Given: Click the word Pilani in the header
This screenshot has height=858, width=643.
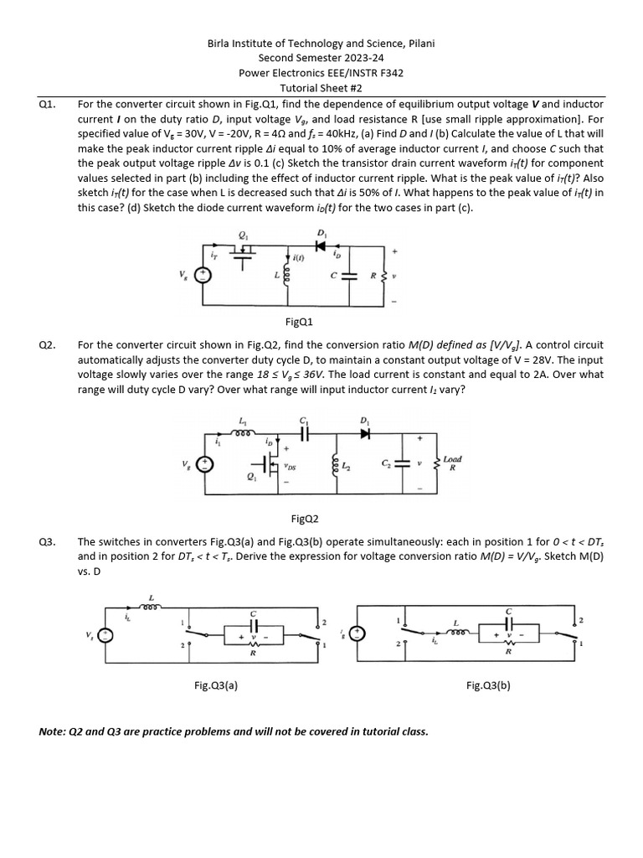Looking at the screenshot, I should pos(419,43).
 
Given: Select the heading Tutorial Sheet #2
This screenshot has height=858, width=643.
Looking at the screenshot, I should pos(321,88).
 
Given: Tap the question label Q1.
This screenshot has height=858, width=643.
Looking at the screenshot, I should pos(47,104).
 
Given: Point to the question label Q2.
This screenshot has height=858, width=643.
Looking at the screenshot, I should pos(47,344).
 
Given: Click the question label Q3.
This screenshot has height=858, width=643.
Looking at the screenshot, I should pos(47,541).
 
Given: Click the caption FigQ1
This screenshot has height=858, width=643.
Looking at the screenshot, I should pos(299,321).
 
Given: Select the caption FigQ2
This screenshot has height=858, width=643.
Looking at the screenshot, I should pos(302,519).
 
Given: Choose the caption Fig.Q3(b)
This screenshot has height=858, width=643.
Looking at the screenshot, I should pos(488,685).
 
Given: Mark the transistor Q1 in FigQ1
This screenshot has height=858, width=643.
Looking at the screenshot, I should pos(244,251).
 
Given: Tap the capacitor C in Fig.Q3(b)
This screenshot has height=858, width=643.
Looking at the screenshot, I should pos(509,625).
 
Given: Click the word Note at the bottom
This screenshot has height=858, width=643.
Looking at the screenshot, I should pos(53,731).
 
